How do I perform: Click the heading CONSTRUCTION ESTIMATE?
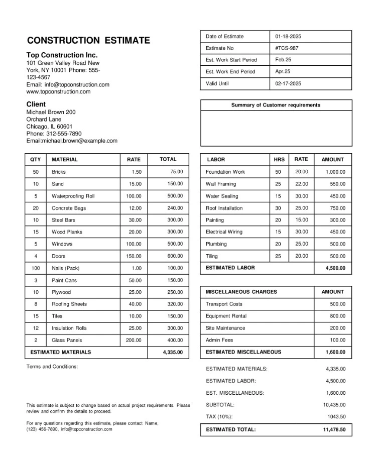(88, 41)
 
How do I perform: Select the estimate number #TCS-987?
(287, 48)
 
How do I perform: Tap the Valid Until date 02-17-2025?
(288, 83)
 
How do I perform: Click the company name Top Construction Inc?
(62, 55)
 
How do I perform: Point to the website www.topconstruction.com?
(58, 92)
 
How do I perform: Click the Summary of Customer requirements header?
(276, 105)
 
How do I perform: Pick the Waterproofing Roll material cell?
(73, 196)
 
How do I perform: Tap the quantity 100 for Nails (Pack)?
(36, 268)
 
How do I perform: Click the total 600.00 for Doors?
(175, 256)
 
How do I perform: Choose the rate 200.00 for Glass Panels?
(134, 340)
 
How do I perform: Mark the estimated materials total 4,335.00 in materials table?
(173, 353)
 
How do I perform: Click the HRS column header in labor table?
(279, 160)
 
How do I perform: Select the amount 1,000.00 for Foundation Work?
(335, 172)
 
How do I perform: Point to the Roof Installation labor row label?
(224, 208)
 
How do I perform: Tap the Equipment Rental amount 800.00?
(337, 316)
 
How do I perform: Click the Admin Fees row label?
(219, 340)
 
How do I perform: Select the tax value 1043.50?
(336, 416)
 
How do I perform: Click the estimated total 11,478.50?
(334, 429)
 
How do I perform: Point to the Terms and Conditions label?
(52, 367)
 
